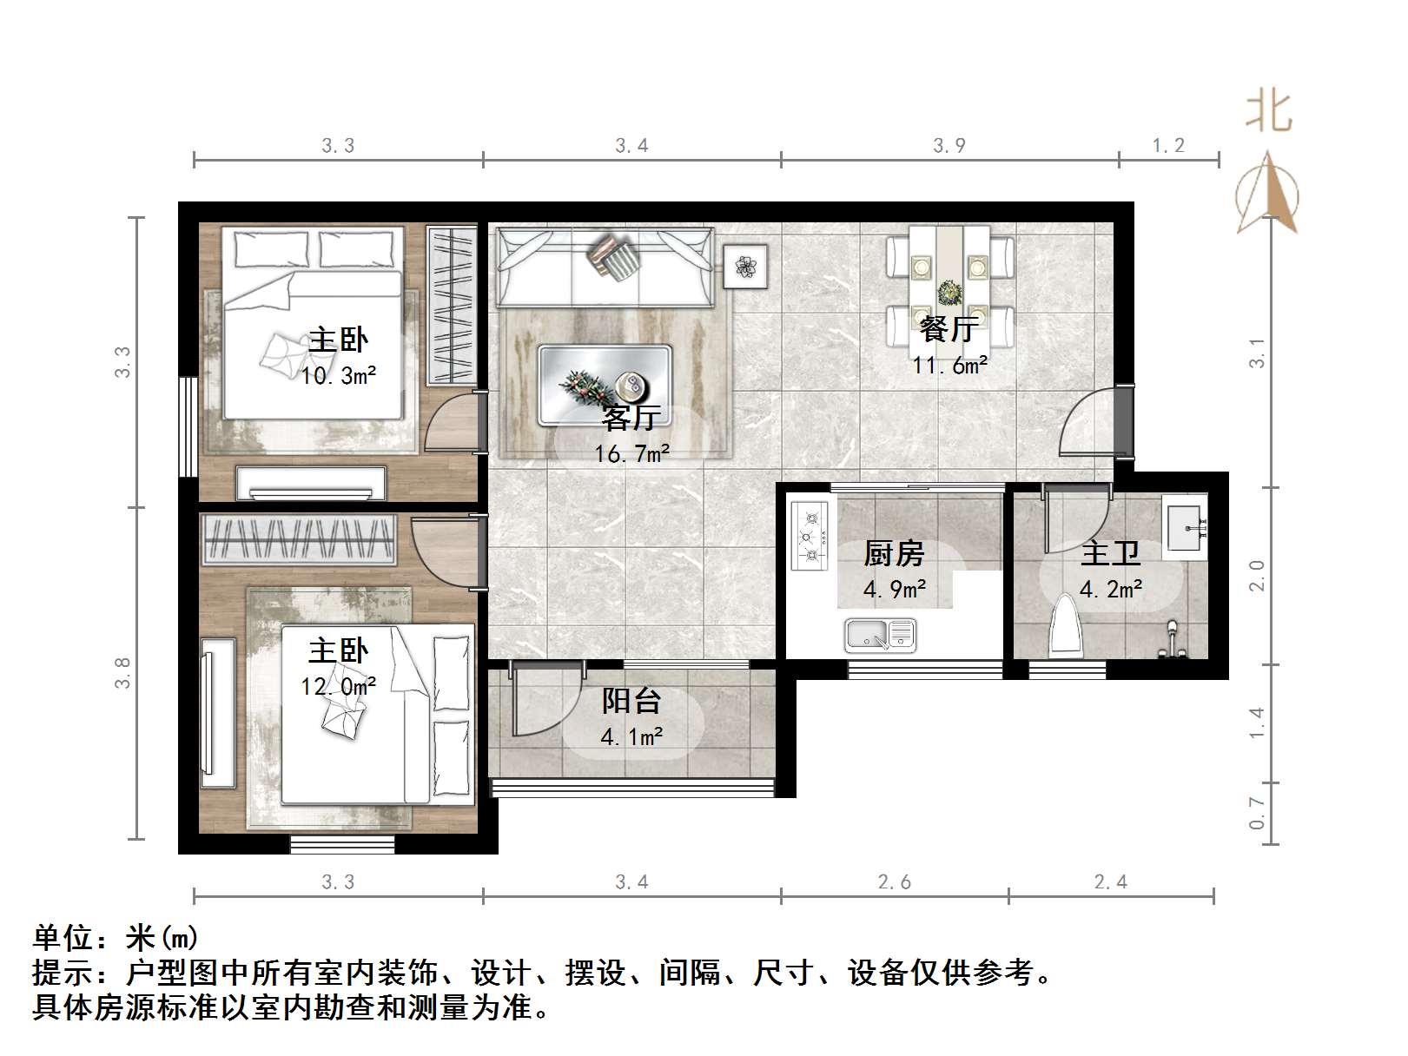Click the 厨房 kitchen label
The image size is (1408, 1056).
pos(893,554)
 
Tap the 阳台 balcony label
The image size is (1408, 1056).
pos(631,702)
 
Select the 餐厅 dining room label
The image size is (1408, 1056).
pos(949,329)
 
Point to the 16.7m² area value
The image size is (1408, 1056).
pos(631,454)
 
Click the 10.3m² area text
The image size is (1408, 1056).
pos(338,376)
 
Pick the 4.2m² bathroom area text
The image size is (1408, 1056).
pos(1110,589)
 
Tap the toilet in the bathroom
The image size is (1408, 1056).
pos(1065,625)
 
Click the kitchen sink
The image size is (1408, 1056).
pos(880,635)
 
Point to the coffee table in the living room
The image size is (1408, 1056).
pos(605,386)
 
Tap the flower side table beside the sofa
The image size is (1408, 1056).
pos(745,266)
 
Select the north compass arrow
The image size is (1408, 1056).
pos(1268,192)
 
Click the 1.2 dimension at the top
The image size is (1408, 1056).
pos(1168,146)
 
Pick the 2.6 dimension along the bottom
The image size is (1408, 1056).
pos(894,882)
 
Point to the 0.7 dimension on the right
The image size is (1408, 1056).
pos(1257,813)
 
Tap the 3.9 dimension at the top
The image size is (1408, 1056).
pos(949,146)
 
